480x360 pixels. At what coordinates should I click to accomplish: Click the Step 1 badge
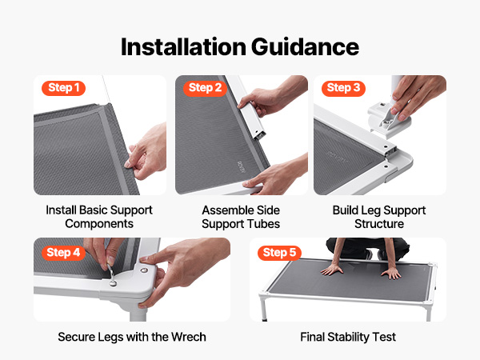(x=63, y=88)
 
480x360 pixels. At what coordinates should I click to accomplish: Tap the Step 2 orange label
(x=205, y=88)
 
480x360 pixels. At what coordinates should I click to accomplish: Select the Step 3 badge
(x=343, y=88)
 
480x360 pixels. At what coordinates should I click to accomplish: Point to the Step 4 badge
(x=63, y=253)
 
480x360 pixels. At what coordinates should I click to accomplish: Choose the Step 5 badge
(x=279, y=253)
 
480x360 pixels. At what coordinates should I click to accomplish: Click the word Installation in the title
(x=183, y=47)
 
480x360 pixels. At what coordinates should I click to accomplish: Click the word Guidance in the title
(x=306, y=47)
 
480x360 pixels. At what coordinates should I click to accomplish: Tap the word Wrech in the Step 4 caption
(x=189, y=337)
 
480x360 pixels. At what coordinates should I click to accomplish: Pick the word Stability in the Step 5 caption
(x=348, y=338)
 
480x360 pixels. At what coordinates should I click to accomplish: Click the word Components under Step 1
(x=99, y=224)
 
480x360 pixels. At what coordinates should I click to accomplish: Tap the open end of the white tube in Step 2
(x=259, y=135)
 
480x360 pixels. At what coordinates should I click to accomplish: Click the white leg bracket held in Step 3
(x=387, y=120)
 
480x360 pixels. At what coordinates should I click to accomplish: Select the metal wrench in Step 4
(x=111, y=274)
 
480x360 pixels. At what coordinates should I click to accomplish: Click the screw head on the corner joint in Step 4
(x=143, y=270)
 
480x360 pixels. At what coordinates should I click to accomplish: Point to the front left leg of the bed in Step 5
(x=263, y=308)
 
